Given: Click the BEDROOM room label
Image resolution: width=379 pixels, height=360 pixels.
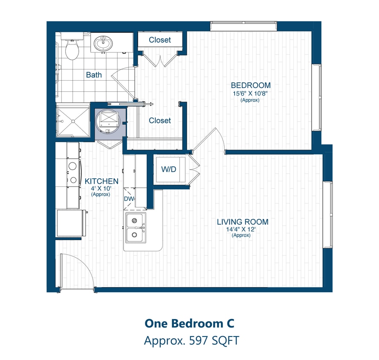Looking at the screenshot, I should [x=250, y=85].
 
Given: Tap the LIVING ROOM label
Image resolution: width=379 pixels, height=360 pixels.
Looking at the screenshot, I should [x=242, y=222].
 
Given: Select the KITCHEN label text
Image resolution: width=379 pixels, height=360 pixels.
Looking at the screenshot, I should [x=101, y=181].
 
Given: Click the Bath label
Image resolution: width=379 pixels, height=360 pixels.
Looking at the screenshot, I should [x=94, y=75].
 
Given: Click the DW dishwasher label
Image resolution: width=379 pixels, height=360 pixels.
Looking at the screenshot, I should [x=129, y=199].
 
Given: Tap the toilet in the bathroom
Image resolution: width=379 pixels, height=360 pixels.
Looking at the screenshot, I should [x=71, y=48].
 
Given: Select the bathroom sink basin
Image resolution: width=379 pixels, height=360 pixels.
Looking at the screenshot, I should [x=103, y=43].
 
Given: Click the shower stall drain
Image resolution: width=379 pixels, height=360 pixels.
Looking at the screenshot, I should [x=73, y=121].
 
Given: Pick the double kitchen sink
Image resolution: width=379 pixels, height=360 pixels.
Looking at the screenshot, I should [x=135, y=227].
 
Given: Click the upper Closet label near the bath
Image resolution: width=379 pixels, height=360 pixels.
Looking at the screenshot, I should [x=160, y=40].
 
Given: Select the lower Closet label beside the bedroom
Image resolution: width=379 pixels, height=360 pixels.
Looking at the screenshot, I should [x=160, y=121].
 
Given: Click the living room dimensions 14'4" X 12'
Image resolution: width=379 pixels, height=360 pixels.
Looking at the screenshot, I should [x=242, y=229].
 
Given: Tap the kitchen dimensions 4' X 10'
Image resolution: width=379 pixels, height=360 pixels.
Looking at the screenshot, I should [x=101, y=189].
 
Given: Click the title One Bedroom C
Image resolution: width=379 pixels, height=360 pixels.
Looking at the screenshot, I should [x=189, y=323].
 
